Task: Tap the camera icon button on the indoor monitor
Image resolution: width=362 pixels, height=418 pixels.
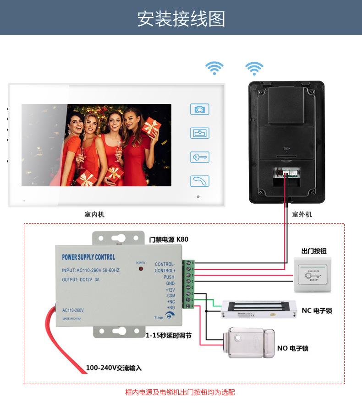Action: [199, 109]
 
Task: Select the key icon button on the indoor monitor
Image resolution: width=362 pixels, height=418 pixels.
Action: [199, 157]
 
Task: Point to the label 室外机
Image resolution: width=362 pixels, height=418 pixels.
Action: [302, 214]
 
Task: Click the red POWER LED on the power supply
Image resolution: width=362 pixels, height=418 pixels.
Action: [140, 268]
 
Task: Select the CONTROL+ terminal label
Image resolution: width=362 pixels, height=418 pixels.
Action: [165, 271]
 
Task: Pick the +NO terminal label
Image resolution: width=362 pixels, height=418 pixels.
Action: [170, 308]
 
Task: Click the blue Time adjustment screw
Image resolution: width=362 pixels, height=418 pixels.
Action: [169, 316]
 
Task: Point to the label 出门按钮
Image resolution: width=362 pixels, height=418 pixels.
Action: [314, 251]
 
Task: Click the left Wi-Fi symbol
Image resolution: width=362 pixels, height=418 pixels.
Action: [214, 68]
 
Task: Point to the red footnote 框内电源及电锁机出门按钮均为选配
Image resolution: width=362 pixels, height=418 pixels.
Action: [180, 392]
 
